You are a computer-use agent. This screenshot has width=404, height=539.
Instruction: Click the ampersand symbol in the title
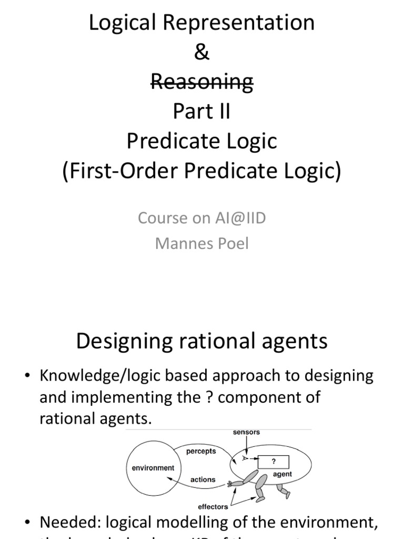click(202, 52)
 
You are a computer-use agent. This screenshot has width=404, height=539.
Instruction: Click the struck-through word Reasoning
click(202, 82)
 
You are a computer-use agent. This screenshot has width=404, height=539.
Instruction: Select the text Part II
click(202, 112)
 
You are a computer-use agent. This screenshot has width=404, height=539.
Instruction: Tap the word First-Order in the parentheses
click(126, 172)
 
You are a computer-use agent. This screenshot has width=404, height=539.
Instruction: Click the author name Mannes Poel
click(202, 244)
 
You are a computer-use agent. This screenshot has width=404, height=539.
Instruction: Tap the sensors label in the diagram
click(247, 432)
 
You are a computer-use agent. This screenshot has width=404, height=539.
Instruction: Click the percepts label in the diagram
click(201, 452)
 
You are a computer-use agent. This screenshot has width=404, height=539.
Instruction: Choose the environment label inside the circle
click(153, 467)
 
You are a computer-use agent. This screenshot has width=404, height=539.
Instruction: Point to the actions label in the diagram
click(203, 480)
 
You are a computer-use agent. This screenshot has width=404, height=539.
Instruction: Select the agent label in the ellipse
click(283, 474)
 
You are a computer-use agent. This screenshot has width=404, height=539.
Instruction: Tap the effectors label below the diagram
click(213, 506)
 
